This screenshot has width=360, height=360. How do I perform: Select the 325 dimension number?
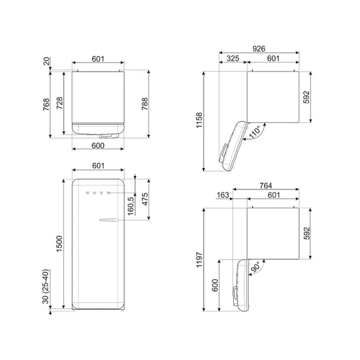coord(233,59)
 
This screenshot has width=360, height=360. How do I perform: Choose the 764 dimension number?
coord(265,185)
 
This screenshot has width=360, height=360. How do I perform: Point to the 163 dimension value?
coord(223,196)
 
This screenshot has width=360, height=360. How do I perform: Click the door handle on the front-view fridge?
coord(108,221)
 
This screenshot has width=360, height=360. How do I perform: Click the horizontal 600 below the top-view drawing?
coord(99,146)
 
